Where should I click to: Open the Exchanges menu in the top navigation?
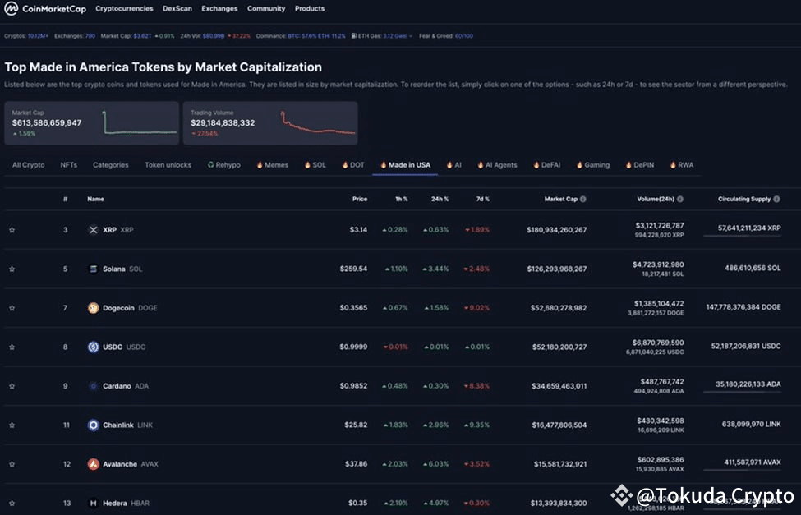(x=219, y=9)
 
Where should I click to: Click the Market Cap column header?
(x=560, y=199)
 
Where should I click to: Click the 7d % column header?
(x=481, y=199)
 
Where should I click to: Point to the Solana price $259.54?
(x=353, y=269)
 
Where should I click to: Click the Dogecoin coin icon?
(x=94, y=308)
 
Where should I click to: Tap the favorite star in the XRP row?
(x=12, y=230)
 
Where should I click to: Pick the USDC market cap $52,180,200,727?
(x=556, y=347)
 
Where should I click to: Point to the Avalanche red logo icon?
(x=94, y=464)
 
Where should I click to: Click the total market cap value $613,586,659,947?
(x=47, y=122)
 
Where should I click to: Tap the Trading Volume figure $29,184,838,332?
(x=223, y=122)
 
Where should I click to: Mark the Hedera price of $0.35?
(x=357, y=503)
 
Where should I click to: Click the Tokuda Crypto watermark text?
(x=715, y=496)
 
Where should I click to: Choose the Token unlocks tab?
(x=168, y=165)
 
